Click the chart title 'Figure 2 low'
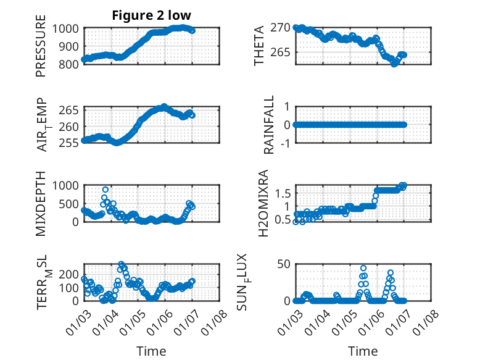151,15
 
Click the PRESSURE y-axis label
41,49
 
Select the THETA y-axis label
260,46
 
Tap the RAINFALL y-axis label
269,125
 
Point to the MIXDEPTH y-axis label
41,202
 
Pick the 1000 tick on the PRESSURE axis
65,28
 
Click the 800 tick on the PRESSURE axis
68,64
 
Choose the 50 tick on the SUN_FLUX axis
283,265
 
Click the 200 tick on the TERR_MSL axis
68,273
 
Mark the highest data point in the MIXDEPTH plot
106,190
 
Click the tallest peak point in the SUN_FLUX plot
363,269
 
